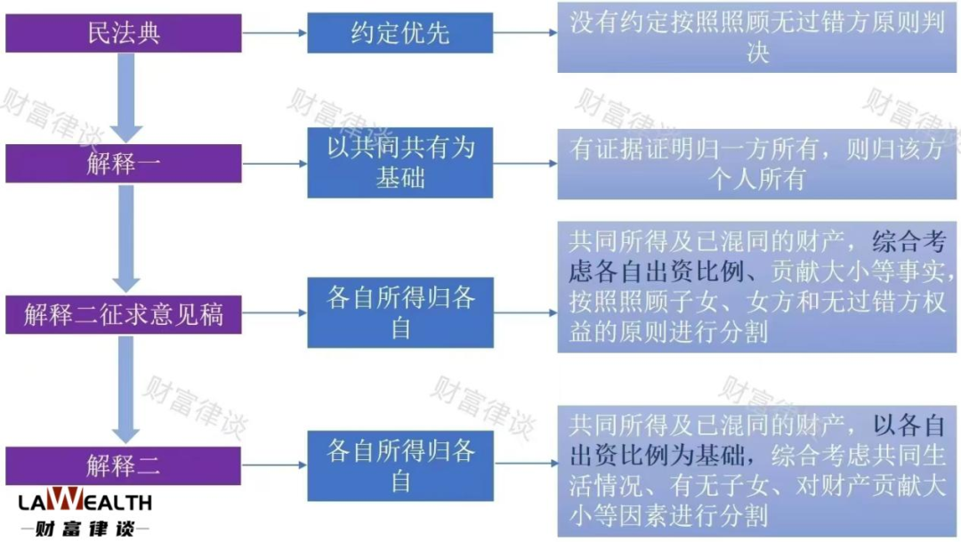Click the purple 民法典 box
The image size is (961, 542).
(x=123, y=33)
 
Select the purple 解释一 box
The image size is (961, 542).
(x=123, y=164)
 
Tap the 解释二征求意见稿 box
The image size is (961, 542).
(x=123, y=314)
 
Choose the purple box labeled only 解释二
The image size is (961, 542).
(x=123, y=465)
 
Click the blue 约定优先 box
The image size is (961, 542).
(x=400, y=33)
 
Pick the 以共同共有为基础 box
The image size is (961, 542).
(x=400, y=163)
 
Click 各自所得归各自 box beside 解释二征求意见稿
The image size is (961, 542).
(x=400, y=312)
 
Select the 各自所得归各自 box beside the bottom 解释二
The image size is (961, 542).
(x=400, y=466)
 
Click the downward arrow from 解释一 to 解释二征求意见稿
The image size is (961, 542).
(x=126, y=239)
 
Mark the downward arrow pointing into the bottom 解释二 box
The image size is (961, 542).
(x=126, y=389)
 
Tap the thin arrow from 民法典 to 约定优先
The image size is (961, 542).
(x=275, y=33)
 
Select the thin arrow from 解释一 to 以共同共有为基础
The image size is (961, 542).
(x=275, y=164)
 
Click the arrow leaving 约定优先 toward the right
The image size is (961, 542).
(x=525, y=33)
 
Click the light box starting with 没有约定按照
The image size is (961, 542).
(x=757, y=37)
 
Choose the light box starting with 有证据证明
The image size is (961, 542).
(x=757, y=164)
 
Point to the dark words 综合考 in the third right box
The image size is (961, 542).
(x=909, y=241)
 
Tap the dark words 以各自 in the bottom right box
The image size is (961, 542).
(x=909, y=425)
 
